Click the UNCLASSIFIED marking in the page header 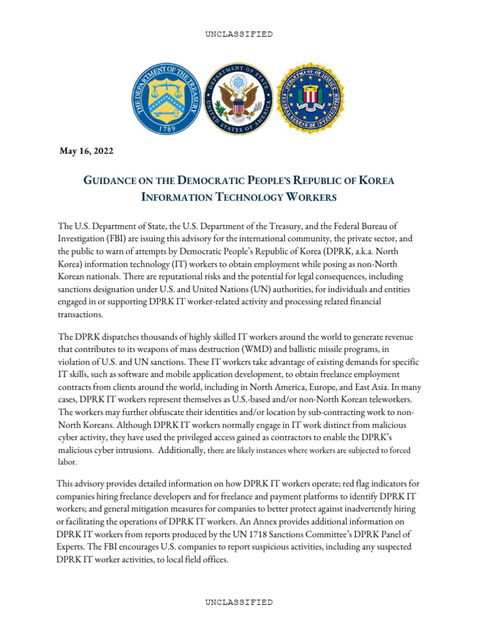point(238,34)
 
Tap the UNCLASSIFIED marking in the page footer point(238,602)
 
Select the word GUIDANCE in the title point(107,180)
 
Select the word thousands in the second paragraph point(142,337)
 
